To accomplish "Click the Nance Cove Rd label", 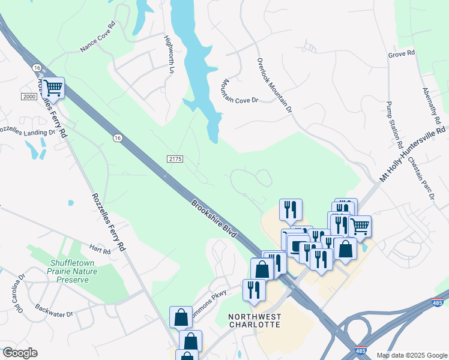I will point(97,38).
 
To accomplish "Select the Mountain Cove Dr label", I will point(239,91).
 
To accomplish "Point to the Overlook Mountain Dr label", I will point(274,86).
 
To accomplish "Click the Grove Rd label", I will point(402,54).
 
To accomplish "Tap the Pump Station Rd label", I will point(394,125).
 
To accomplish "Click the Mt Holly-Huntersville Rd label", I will point(412,154).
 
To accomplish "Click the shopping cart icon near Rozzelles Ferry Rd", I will point(53,88).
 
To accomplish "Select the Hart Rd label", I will point(100,250).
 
